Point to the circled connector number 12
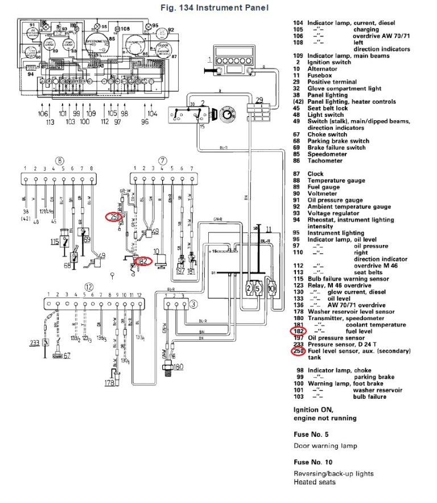click(x=88, y=286)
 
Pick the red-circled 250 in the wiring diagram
click(x=114, y=217)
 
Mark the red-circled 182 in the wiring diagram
click(x=142, y=261)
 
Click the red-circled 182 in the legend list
click(x=299, y=331)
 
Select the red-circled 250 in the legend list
click(x=299, y=351)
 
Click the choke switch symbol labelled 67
click(x=57, y=356)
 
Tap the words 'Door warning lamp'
click(x=325, y=445)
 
